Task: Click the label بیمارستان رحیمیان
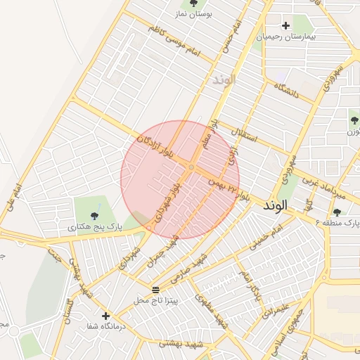pyautogui.click(x=288, y=36)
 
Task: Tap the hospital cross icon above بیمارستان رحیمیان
pyautogui.click(x=285, y=26)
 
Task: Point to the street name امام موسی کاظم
pyautogui.click(x=174, y=43)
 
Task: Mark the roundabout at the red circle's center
pyautogui.click(x=191, y=167)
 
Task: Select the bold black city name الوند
pyautogui.click(x=276, y=207)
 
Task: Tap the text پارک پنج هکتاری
pyautogui.click(x=96, y=228)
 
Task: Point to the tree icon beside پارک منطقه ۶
pyautogui.click(x=337, y=212)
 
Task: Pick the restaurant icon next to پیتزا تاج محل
pyautogui.click(x=155, y=290)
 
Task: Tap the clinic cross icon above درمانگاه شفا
pyautogui.click(x=105, y=316)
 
